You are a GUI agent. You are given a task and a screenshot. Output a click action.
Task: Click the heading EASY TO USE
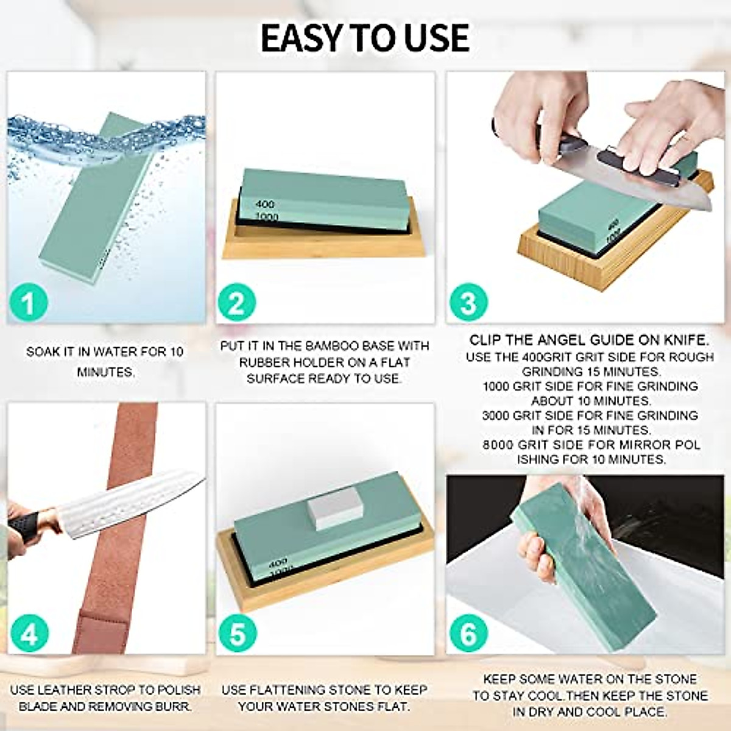click(x=365, y=38)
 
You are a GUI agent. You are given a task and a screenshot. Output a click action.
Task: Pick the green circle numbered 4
click(x=29, y=634)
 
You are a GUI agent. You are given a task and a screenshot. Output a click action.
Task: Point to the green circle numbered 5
click(x=236, y=634)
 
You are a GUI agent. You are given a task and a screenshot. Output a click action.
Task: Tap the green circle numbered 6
click(x=468, y=634)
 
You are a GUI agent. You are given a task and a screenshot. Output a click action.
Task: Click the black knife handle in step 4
click(x=24, y=524)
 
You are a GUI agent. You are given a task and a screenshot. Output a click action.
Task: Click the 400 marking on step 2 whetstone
click(x=265, y=204)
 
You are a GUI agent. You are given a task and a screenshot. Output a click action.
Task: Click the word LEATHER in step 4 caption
click(x=65, y=690)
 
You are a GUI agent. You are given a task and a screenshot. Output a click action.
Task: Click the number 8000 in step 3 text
click(x=498, y=445)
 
